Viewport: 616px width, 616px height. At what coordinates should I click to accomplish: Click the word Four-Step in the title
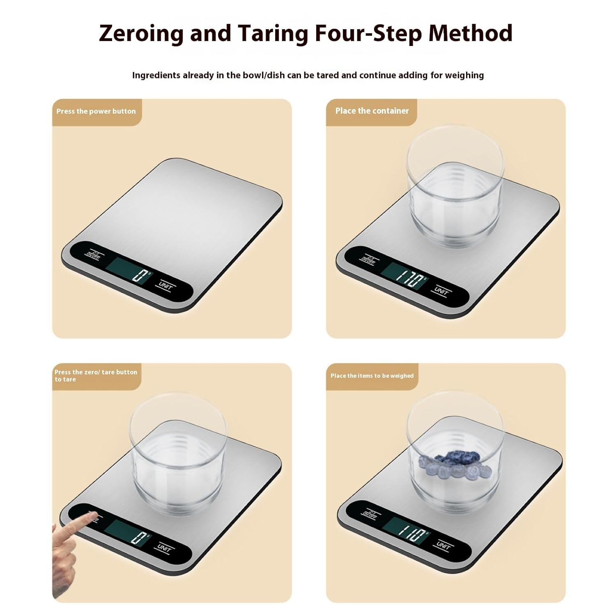click(x=368, y=34)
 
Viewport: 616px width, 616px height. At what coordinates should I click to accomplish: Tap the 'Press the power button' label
click(x=96, y=111)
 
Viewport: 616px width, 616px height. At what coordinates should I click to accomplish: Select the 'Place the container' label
click(x=372, y=111)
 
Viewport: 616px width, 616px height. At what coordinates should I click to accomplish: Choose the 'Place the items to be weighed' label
click(x=372, y=376)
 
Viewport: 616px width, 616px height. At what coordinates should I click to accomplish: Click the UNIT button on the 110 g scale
click(x=443, y=546)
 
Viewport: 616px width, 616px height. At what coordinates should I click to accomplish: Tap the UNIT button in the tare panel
click(x=165, y=548)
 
